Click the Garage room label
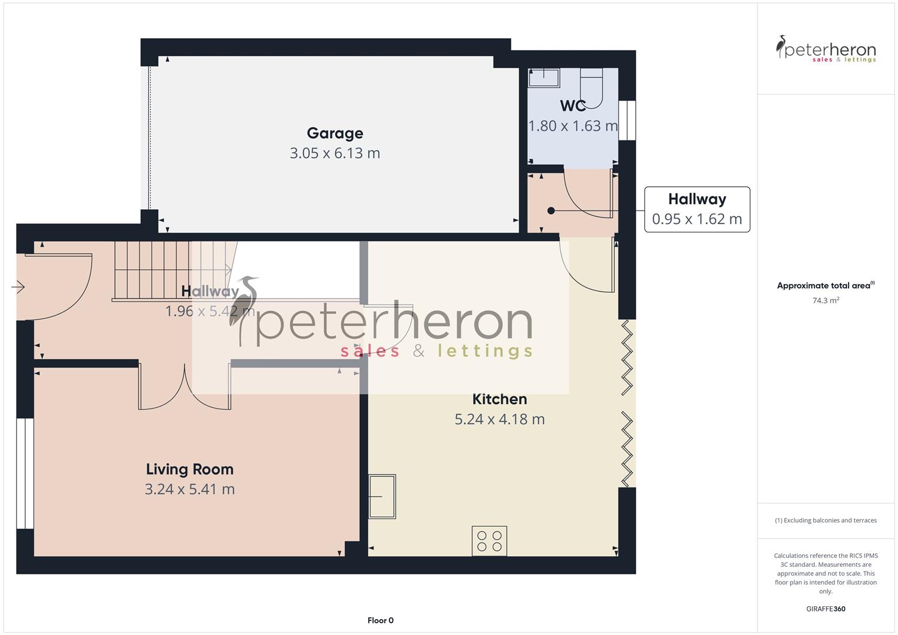coord(335,133)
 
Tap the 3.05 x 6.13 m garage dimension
coord(335,153)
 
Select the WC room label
coord(572,106)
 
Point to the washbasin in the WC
coord(543,78)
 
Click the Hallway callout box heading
coord(697,199)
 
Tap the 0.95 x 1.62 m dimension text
coord(697,219)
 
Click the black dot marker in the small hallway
coord(551,210)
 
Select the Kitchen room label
coord(499,399)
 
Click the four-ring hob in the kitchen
coord(489,541)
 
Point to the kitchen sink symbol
coord(382,497)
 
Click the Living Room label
coord(189,469)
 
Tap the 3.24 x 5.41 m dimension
coord(189,489)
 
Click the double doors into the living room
coord(185,388)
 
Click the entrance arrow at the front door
coord(18,287)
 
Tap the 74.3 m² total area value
coord(825,300)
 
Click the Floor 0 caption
coord(380,620)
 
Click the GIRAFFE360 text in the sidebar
coord(825,609)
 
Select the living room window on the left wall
coord(25,473)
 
